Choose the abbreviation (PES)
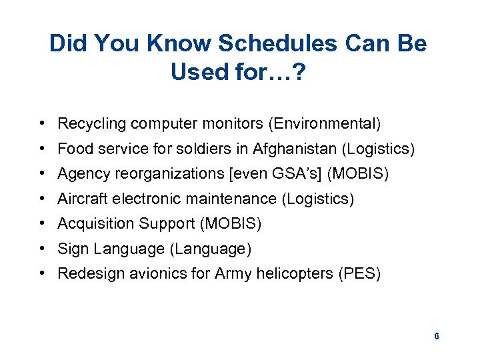[x=359, y=274]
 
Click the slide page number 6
[x=436, y=336]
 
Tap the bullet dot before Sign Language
[x=42, y=249]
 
